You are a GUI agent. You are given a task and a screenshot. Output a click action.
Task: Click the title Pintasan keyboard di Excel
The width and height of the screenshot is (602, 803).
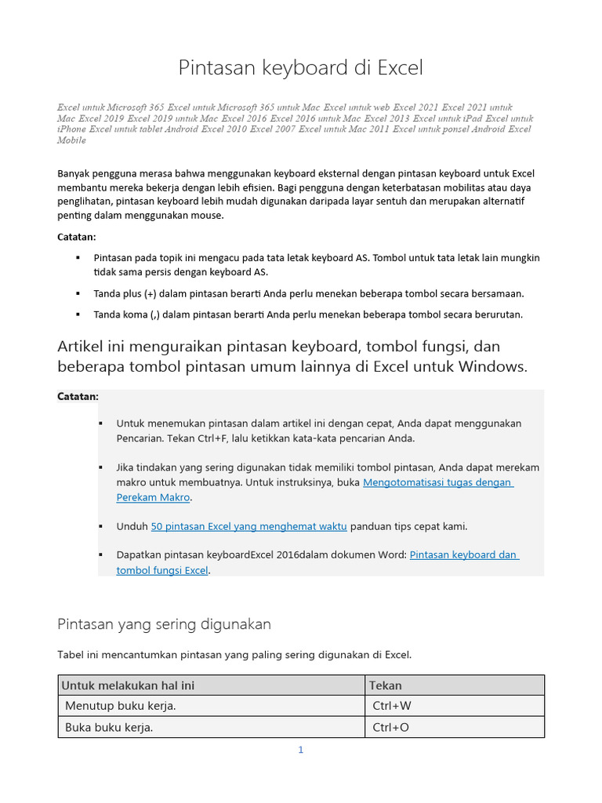pos(301,68)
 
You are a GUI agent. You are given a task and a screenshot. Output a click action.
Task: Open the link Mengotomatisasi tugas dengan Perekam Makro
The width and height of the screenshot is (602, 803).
pos(437,483)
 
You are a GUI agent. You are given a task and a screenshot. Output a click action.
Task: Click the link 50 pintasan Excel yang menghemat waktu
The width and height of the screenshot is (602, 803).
pos(248,526)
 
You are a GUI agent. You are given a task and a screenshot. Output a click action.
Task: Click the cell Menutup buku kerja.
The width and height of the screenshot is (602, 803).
pos(121,706)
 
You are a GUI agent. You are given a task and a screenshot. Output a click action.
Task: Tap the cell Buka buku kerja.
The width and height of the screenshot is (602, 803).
pos(109,728)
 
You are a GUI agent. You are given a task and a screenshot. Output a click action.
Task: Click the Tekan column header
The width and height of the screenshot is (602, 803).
pos(386,685)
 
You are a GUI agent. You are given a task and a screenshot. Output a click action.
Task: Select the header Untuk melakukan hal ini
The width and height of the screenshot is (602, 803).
pos(128,685)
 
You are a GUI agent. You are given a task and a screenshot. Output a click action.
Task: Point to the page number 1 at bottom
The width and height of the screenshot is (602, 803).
pos(300,750)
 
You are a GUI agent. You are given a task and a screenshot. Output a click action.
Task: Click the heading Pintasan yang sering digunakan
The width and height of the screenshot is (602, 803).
pos(165,624)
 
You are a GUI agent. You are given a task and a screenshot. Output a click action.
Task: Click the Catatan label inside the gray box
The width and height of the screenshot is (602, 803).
pos(78,397)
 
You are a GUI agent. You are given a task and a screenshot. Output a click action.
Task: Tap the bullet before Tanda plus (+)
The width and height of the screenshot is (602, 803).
pos(78,293)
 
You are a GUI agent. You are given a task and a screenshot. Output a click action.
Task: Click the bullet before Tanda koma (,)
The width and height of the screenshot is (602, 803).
pos(78,314)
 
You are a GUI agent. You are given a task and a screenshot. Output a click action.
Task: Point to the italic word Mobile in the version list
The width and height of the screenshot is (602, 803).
pos(71,140)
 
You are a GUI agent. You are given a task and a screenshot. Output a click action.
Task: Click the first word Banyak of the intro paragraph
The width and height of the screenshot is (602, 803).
pos(74,173)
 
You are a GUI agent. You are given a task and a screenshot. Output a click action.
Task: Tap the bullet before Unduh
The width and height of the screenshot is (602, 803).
pos(101,526)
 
